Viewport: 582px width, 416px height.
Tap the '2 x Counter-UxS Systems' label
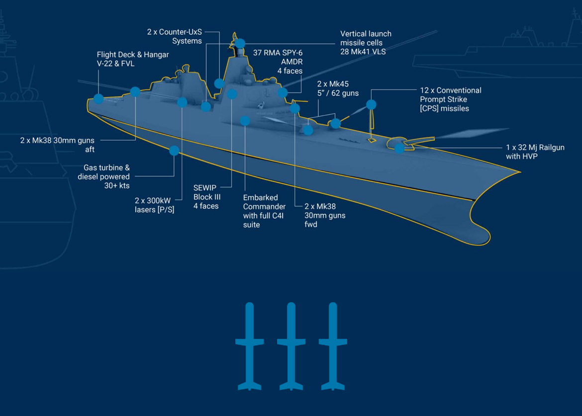(x=175, y=36)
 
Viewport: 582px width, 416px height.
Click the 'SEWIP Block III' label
(x=206, y=197)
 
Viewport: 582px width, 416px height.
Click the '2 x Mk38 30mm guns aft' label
(x=57, y=145)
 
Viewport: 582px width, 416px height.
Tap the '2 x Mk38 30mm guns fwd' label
(x=325, y=215)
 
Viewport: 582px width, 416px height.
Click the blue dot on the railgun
(x=399, y=148)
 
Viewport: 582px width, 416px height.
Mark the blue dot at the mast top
(x=240, y=43)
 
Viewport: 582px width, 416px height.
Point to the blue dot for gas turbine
(x=174, y=150)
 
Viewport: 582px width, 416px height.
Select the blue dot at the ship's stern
(x=98, y=99)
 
